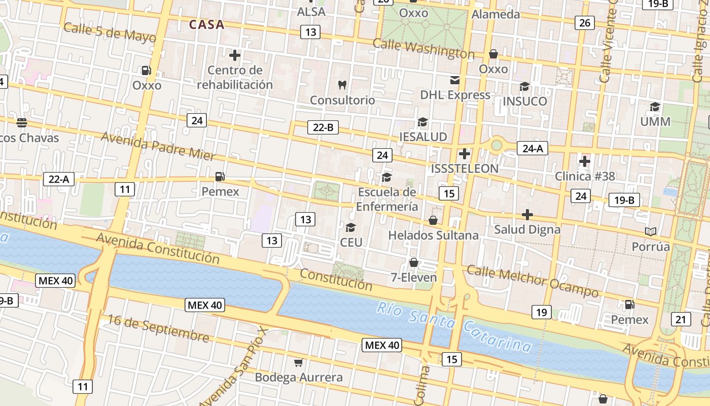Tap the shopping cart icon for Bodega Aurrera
coord(299,362)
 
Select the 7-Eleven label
coord(414,277)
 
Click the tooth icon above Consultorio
coord(342,85)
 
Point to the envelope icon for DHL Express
coord(454,80)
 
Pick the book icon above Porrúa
coord(651,231)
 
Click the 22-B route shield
coord(323,127)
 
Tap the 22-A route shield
coord(59,179)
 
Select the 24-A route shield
coord(532,148)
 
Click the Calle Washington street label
coord(423,49)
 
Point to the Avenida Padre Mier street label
coord(158,146)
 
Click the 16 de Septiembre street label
coord(158,328)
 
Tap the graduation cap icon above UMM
coord(655,107)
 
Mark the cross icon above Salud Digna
coord(527,215)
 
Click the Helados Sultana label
coord(433,235)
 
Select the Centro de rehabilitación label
coord(235,77)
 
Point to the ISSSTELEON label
coord(465,168)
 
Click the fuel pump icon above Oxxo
coord(147,71)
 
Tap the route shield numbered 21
coord(681,319)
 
